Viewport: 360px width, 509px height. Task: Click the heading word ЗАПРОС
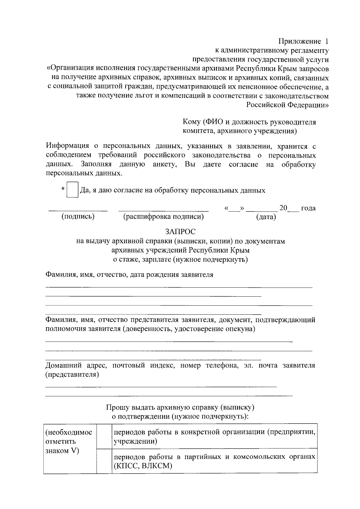pos(180,232)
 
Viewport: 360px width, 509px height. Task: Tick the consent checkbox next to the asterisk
pos(73,190)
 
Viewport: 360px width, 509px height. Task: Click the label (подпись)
pos(78,217)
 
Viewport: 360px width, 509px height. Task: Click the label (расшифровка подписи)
pos(163,217)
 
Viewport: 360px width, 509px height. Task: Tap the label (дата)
pos(266,217)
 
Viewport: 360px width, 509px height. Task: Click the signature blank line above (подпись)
pos(78,210)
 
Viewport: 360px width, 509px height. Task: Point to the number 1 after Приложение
pos(327,41)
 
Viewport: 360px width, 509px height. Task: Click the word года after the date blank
pos(308,208)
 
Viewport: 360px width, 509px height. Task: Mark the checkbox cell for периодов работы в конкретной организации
pos(104,436)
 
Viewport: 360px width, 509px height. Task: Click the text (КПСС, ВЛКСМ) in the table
pos(142,466)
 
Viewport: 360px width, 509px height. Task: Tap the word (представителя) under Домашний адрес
pos(72,374)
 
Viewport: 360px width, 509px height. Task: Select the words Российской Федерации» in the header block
pos(287,105)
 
